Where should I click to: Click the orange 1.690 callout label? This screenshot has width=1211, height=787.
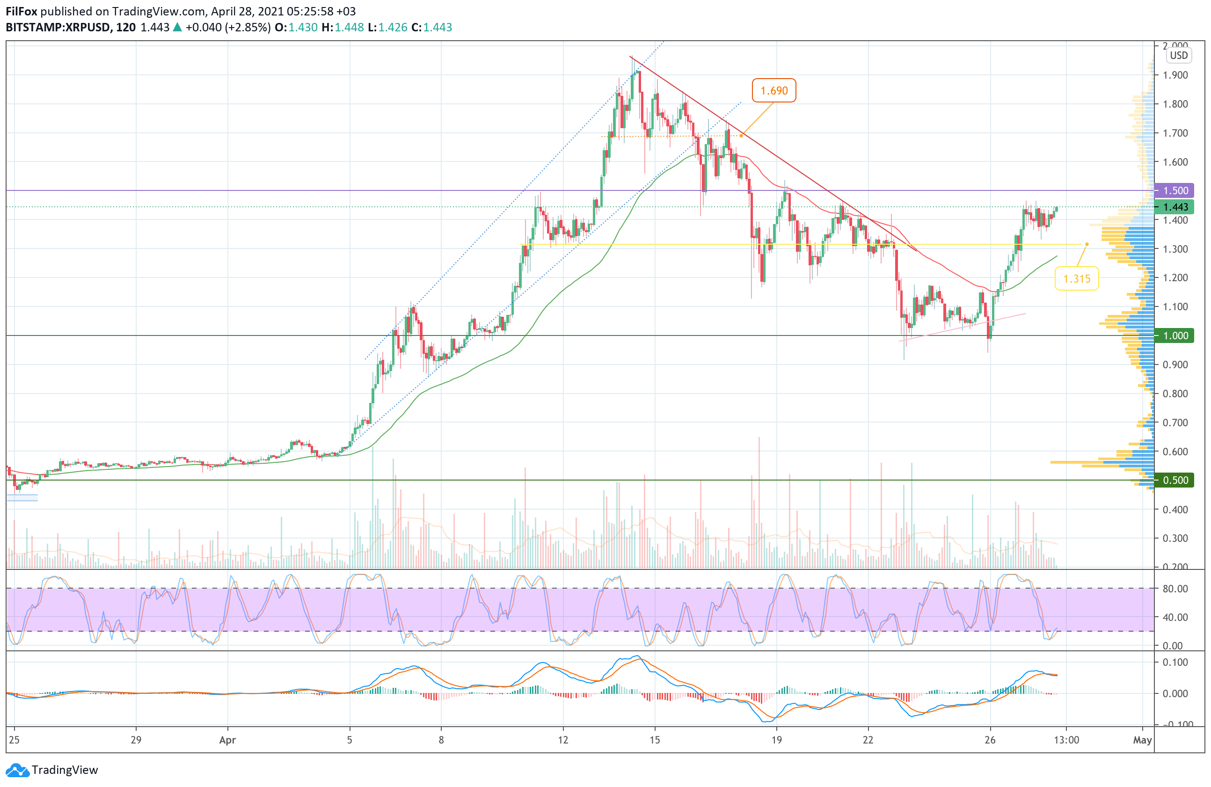click(x=773, y=91)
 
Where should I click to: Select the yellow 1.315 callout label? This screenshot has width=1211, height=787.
click(x=1076, y=279)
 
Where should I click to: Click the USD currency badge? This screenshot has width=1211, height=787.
click(x=1178, y=56)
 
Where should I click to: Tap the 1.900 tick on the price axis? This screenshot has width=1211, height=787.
click(x=1175, y=75)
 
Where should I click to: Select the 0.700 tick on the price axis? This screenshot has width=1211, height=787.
click(x=1175, y=423)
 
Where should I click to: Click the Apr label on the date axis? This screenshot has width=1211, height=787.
click(x=227, y=740)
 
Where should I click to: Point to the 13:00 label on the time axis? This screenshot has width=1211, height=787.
click(x=1066, y=740)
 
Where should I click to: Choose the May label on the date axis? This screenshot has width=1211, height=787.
click(x=1142, y=740)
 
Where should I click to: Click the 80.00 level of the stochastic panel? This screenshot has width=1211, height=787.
click(x=1175, y=589)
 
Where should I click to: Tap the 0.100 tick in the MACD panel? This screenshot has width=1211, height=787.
click(x=1175, y=663)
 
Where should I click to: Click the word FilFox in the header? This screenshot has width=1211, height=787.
click(x=22, y=11)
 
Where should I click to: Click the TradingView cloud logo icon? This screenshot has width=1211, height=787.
click(x=17, y=770)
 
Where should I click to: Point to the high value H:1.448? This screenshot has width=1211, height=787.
click(x=343, y=28)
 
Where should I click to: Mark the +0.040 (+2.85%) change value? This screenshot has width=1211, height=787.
click(x=227, y=28)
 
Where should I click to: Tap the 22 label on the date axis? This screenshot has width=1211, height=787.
click(x=868, y=740)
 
